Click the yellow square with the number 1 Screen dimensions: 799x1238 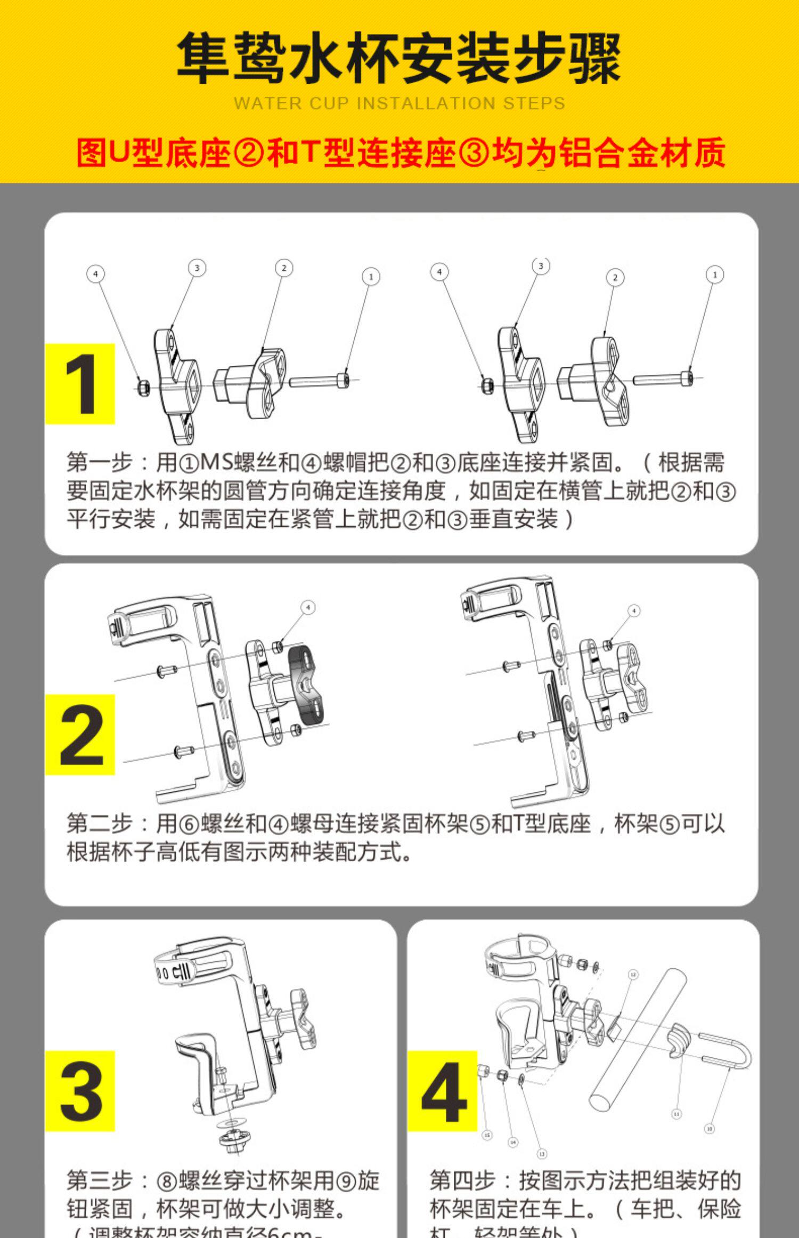(80, 384)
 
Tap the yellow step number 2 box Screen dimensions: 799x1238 (80, 734)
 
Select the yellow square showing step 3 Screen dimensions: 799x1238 (80, 1090)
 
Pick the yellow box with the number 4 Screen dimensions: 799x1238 (443, 1091)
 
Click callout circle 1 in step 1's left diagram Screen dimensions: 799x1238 (371, 276)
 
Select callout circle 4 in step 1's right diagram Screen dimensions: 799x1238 (439, 272)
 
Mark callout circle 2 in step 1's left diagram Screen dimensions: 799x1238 (284, 268)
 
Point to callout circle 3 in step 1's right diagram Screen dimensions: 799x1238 (541, 266)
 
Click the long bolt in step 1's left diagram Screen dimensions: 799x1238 (319, 381)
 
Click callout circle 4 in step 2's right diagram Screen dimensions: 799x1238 (634, 610)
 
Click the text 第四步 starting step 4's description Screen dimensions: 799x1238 (463, 1180)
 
